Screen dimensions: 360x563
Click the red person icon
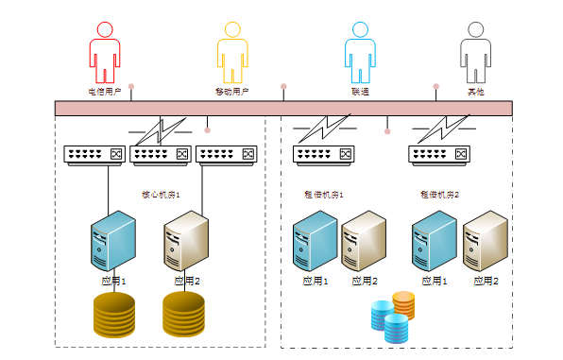[105, 53]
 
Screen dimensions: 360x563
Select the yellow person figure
[232, 53]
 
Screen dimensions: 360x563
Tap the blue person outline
[360, 53]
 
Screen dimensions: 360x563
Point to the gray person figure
[475, 53]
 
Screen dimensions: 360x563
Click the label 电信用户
[105, 92]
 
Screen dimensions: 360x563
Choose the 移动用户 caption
[232, 92]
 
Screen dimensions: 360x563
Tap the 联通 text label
[360, 92]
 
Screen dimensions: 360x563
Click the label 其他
[475, 92]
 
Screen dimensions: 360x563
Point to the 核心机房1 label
[161, 194]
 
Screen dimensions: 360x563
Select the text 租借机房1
[324, 194]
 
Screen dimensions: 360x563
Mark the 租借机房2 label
[439, 194]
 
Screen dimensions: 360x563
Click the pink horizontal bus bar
[283, 108]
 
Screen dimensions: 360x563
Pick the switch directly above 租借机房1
[324, 155]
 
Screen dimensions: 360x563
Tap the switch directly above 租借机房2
[439, 155]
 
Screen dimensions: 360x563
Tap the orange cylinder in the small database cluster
[403, 304]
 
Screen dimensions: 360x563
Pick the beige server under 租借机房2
[486, 242]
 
